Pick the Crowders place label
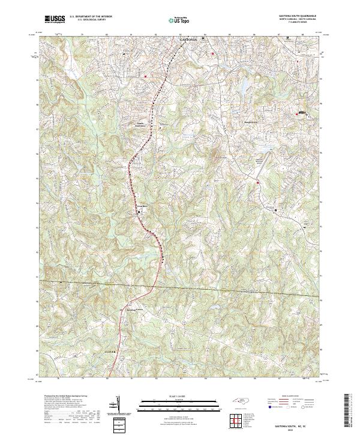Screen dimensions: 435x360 pyautogui.click(x=142, y=207)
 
